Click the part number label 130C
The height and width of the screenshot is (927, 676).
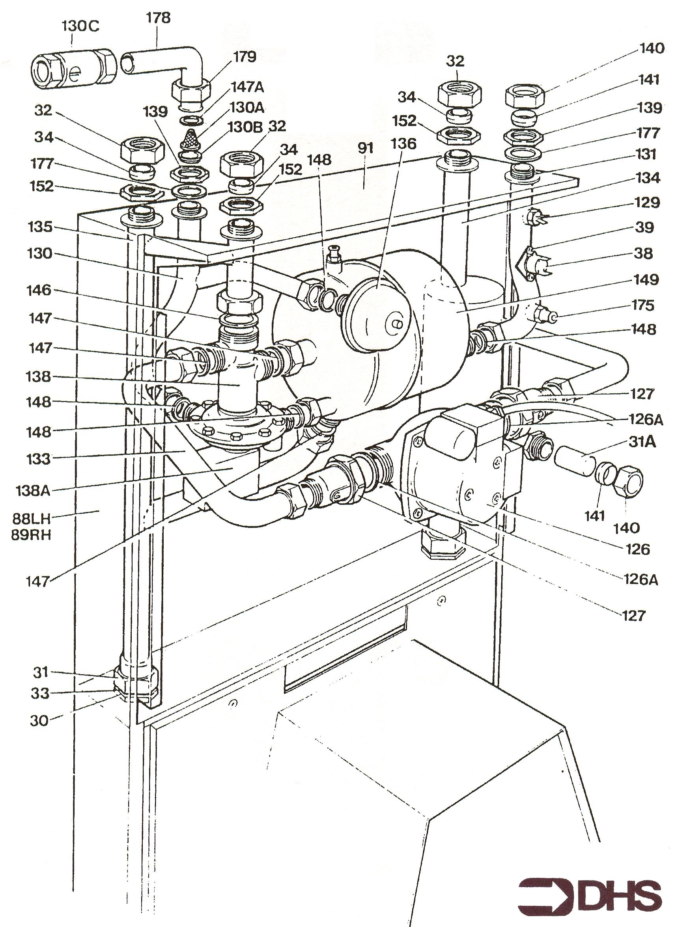pyautogui.click(x=80, y=26)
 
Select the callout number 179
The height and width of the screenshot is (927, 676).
pyautogui.click(x=244, y=57)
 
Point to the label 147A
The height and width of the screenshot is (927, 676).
pyautogui.click(x=248, y=87)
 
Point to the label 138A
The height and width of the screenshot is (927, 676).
pyautogui.click(x=33, y=490)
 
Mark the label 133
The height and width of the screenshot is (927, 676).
pyautogui.click(x=39, y=459)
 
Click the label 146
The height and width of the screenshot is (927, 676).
pyautogui.click(x=39, y=290)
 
